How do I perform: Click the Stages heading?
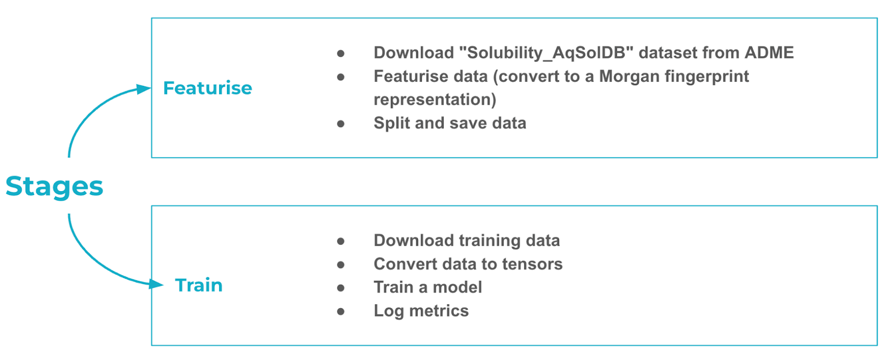[54, 187]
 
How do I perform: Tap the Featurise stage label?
[207, 88]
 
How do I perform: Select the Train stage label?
[198, 285]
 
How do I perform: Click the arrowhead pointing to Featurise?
[143, 89]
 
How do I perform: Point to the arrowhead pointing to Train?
[156, 284]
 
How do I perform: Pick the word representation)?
[435, 100]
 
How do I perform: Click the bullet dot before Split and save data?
[341, 124]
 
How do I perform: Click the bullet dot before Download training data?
[341, 241]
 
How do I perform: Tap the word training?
[489, 241]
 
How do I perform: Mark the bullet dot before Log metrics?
[341, 312]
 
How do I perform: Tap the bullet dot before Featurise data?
[341, 77]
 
